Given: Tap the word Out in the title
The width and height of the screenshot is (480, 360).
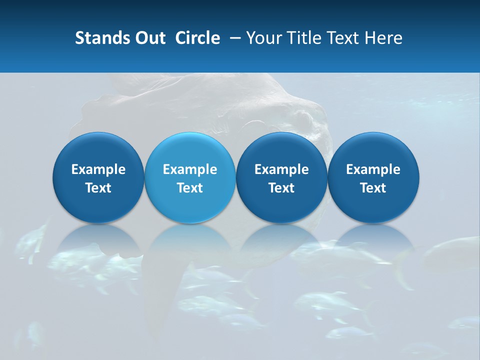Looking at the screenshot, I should point(149,38).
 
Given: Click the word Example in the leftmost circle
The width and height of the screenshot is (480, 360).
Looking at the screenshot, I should point(98,169).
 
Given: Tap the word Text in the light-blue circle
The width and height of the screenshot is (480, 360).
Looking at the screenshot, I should point(190,188).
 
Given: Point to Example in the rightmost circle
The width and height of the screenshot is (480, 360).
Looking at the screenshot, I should point(373,169).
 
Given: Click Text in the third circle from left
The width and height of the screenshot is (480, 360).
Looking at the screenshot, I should point(281,188).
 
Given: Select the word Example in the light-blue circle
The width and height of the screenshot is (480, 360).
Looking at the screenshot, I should point(190,169).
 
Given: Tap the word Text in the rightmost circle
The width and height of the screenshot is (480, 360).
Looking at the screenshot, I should point(373,188).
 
